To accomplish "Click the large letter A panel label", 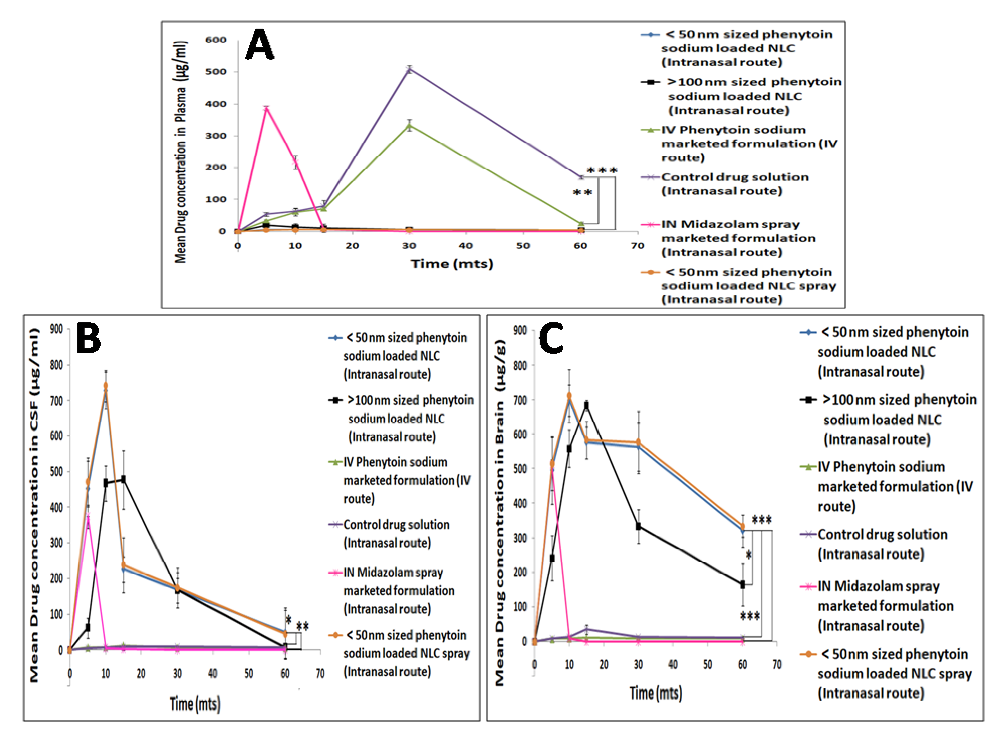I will pos(260,45).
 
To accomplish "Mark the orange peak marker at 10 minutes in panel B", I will pos(106,385).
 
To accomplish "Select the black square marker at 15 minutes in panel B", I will pos(124,479).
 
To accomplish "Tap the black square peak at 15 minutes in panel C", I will pos(586,405).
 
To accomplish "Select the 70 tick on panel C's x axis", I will pos(777,664).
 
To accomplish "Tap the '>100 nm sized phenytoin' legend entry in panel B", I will pos(409,400).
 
